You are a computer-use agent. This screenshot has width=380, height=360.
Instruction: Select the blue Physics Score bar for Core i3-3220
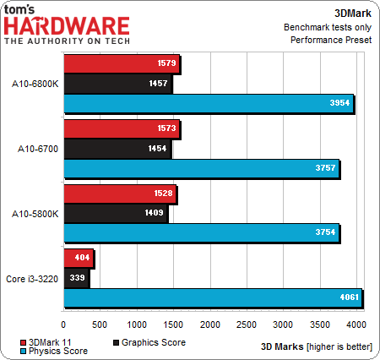pyautogui.click(x=212, y=297)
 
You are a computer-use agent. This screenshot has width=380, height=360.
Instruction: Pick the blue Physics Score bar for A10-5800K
pyautogui.click(x=201, y=232)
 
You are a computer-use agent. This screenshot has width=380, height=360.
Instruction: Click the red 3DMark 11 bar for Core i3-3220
pyautogui.click(x=78, y=257)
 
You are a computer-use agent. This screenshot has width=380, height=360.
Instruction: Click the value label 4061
pyautogui.click(x=348, y=297)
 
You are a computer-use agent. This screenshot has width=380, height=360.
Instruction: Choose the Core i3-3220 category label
pyautogui.click(x=33, y=277)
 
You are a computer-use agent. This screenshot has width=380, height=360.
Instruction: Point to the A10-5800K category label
pyautogui.click(x=34, y=213)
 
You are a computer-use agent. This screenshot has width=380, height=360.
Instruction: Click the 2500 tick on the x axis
pyautogui.click(x=246, y=325)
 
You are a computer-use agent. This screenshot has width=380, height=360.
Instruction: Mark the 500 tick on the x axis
pyautogui.click(x=100, y=325)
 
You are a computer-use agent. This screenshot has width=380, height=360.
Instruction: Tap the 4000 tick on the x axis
pyautogui.click(x=356, y=325)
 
